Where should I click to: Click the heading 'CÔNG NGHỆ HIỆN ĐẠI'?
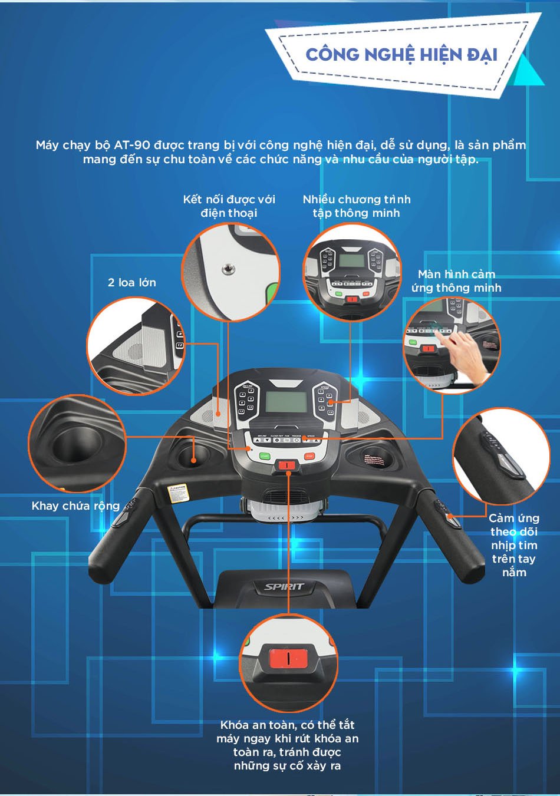[401, 55]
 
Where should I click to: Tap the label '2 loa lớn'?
[132, 282]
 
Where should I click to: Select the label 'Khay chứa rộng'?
[75, 506]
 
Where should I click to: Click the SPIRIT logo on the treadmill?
[284, 586]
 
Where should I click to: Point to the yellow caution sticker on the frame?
[177, 494]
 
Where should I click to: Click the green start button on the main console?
[265, 456]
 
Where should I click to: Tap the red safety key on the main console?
[288, 465]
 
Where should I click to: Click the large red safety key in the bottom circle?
[288, 659]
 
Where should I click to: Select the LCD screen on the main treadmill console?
[286, 402]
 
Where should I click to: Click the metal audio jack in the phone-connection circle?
[228, 269]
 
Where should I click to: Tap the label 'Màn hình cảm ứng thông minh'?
[456, 280]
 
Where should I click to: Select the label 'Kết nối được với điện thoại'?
[229, 206]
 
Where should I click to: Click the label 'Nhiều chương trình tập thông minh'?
[357, 206]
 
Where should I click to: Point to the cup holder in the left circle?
[77, 445]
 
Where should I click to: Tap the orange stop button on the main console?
[309, 456]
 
